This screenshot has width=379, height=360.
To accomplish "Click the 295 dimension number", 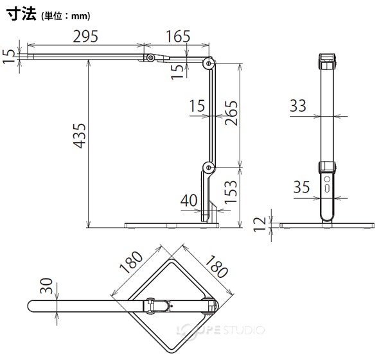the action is click(x=85, y=37).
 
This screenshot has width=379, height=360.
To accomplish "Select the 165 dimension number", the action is click(x=178, y=37).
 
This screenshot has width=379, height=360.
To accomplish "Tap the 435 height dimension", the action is click(x=80, y=135).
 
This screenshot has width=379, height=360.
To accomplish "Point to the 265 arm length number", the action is click(x=231, y=113).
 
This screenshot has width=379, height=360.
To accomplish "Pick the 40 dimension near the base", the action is click(x=189, y=201).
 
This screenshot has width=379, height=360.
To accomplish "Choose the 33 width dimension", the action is click(x=298, y=105).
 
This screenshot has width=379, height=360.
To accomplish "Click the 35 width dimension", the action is click(x=301, y=187).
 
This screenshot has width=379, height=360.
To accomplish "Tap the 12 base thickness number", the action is click(x=260, y=225).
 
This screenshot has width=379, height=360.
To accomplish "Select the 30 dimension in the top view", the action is click(x=46, y=286).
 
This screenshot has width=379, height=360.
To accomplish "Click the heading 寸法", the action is click(x=21, y=14).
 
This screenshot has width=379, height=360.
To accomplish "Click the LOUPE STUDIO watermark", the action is click(x=220, y=330).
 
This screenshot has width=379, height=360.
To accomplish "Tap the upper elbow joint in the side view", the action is click(x=208, y=64).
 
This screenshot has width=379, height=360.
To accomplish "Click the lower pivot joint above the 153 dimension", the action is click(x=208, y=167).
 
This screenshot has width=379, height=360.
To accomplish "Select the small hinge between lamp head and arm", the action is click(x=152, y=58).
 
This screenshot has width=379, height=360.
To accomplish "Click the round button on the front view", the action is click(x=327, y=180).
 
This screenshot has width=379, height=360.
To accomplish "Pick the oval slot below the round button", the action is click(x=327, y=188).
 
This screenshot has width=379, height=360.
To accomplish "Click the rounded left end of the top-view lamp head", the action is click(x=31, y=306).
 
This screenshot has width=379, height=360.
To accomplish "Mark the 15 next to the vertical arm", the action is click(x=197, y=106).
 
